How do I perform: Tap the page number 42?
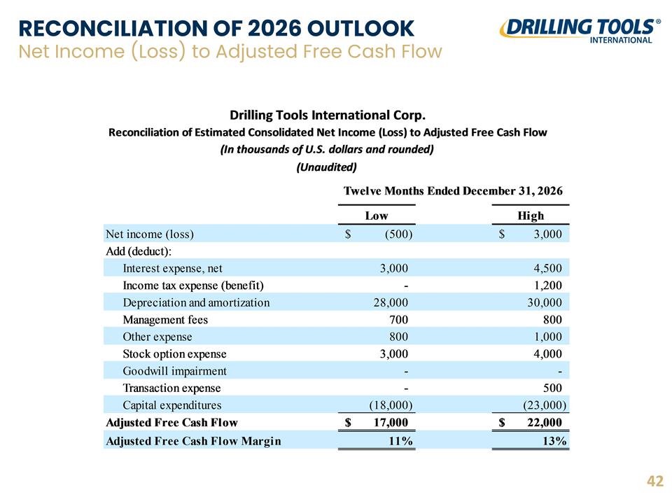click(x=655, y=482)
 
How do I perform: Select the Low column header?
click(x=377, y=216)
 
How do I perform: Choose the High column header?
click(x=531, y=216)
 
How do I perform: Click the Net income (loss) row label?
click(x=150, y=234)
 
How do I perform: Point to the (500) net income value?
click(x=398, y=234)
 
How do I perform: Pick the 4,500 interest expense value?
click(x=547, y=268)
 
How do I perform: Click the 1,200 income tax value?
click(x=547, y=286)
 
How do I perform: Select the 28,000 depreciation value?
click(x=391, y=302)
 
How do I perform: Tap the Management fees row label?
click(x=165, y=320)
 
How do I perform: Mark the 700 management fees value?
click(x=398, y=320)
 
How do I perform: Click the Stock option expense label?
click(x=174, y=354)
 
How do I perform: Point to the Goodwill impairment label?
click(x=174, y=371)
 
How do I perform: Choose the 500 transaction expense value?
click(x=552, y=388)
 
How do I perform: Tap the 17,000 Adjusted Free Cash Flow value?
click(x=391, y=423)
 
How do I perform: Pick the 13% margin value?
click(x=554, y=441)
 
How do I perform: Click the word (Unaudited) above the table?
click(x=327, y=167)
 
